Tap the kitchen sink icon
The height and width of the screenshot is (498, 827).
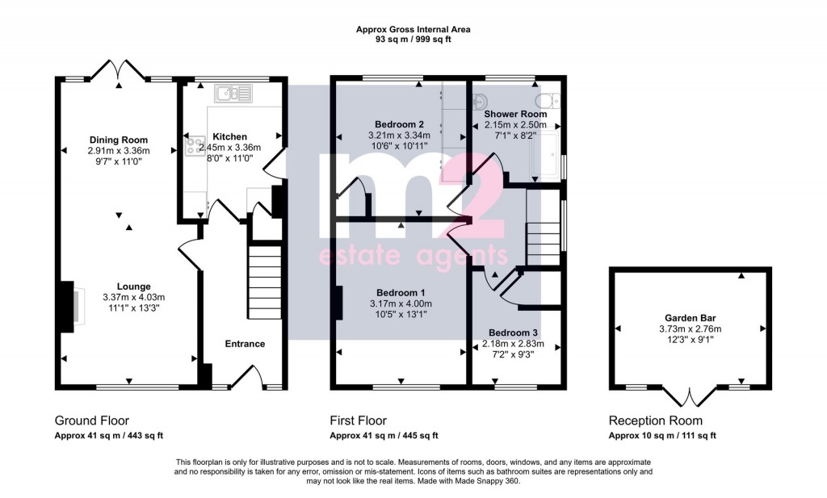233,94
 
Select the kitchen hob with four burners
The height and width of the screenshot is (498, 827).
195,146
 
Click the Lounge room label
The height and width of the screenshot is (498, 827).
133,286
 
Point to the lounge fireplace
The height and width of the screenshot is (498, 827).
70,306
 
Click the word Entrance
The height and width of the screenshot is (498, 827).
245,344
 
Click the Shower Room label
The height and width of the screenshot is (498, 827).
515,115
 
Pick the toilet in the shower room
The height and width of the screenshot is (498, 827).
550,99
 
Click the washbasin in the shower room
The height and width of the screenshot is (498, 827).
478,101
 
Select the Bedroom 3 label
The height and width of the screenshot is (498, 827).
513,333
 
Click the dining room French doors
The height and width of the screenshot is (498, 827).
119,71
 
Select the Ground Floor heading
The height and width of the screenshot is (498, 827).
91,421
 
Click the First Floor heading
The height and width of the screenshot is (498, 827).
358,421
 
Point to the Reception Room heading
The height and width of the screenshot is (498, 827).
655,421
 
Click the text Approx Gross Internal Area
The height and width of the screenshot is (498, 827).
413,29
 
